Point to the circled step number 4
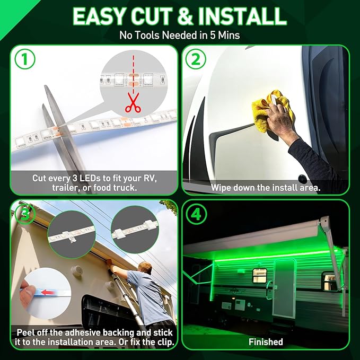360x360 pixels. coord(195,214)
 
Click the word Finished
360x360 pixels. coord(265,342)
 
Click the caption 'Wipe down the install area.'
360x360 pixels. coord(265,188)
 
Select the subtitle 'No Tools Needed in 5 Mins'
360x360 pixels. coord(180,36)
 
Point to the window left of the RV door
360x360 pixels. coord(259,274)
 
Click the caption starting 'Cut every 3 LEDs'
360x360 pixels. coord(94,182)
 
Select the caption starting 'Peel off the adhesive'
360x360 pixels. coord(94,337)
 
